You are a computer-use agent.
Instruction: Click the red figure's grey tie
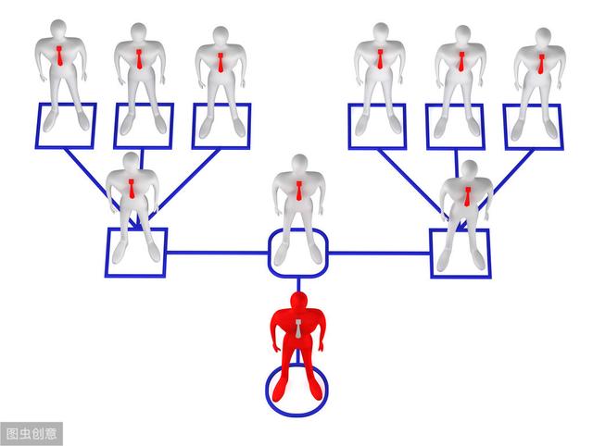[x=298, y=328]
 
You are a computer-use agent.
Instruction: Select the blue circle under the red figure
[x=296, y=390]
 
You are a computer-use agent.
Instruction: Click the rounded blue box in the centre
[x=298, y=253]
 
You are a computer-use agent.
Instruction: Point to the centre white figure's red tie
[x=298, y=191]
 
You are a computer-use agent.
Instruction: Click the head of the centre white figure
[x=299, y=164]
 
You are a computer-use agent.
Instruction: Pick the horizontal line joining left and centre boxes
[x=217, y=253]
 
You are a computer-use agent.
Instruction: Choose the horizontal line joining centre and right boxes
[x=379, y=253]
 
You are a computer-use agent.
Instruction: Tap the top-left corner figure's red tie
[x=59, y=56]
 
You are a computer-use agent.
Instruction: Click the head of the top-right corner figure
[x=543, y=37]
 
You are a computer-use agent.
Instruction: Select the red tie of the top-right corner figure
[x=541, y=64]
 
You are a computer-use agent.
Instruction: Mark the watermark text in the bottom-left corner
[x=32, y=434]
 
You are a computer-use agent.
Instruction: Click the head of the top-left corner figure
[x=58, y=29]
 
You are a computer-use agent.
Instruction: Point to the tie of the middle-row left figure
[x=132, y=189]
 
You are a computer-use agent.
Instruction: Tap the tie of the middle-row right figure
[x=468, y=196]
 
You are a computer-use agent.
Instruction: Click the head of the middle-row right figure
[x=470, y=169]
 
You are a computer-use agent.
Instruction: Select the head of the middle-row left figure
[x=131, y=162]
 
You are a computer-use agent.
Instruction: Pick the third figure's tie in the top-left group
[x=221, y=63]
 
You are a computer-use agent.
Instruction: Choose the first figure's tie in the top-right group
[x=380, y=59]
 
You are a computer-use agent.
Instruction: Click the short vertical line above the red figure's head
[x=298, y=285]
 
